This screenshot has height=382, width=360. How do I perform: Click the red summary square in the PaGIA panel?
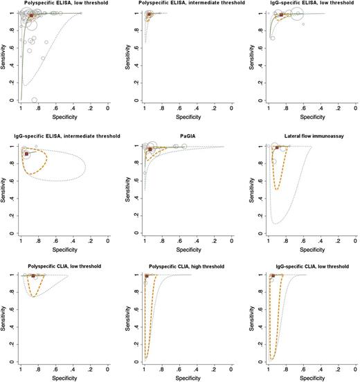[x=150, y=149]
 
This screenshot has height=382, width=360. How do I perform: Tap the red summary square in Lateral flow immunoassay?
[x=277, y=147]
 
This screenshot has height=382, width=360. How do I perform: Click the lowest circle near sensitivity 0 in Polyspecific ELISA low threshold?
[x=35, y=100]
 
